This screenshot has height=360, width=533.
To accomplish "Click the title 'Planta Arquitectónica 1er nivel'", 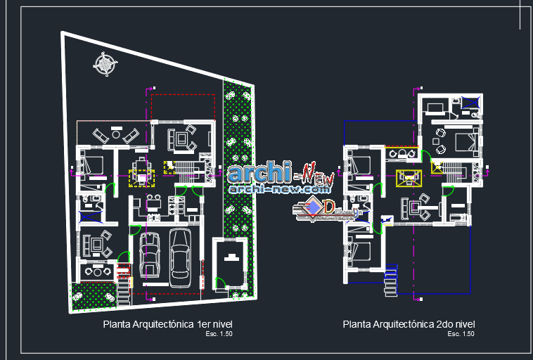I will (x=167, y=324).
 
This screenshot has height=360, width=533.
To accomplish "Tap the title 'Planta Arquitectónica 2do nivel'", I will (x=409, y=324).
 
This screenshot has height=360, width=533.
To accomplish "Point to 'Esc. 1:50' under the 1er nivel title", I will (x=219, y=334).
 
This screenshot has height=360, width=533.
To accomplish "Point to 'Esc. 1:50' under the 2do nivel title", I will (x=461, y=334).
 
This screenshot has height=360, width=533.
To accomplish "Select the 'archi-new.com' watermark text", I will (x=279, y=189).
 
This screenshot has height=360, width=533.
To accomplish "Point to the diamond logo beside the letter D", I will (x=312, y=207).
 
